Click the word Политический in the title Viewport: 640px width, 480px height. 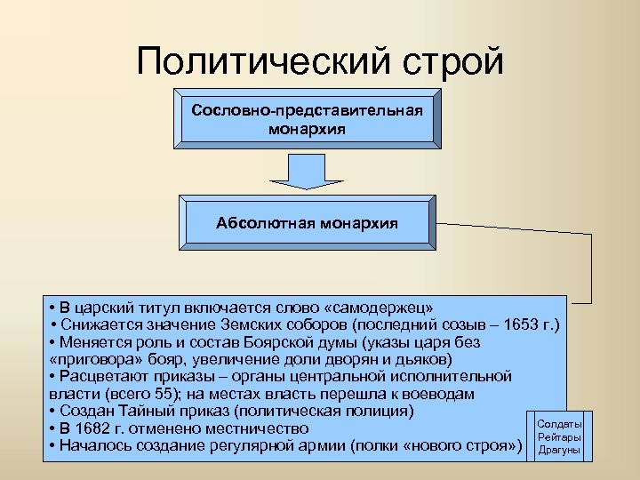click(258, 61)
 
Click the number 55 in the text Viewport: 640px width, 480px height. click(160, 393)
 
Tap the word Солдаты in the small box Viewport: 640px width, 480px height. click(560, 424)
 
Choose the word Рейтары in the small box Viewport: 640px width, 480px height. click(560, 436)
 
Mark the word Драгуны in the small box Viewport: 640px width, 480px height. click(560, 450)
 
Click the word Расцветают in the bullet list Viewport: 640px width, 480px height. click(104, 376)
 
